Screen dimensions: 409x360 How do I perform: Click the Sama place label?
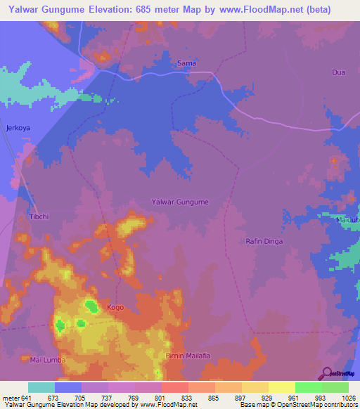186,63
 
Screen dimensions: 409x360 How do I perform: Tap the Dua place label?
339,72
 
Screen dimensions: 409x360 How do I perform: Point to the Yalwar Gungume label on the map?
180,202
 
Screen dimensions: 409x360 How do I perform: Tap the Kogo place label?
115,308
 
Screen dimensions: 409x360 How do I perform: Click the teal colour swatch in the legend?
41,387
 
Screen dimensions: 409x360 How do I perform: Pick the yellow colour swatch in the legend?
281,387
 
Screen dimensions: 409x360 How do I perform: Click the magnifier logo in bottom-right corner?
327,373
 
